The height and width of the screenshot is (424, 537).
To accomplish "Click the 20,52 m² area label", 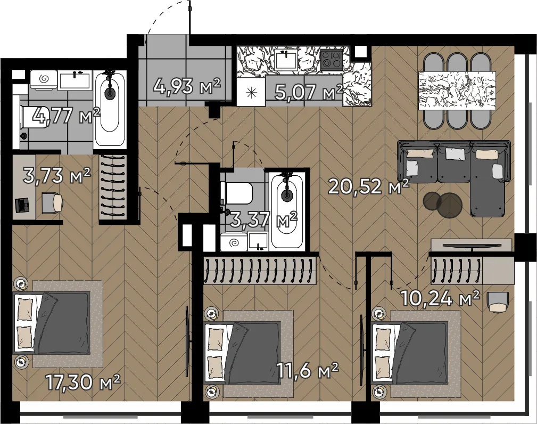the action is pyautogui.click(x=368, y=186).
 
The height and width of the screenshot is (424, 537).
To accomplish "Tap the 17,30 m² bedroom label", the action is pyautogui.click(x=83, y=382).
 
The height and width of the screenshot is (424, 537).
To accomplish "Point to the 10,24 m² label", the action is pyautogui.click(x=440, y=298).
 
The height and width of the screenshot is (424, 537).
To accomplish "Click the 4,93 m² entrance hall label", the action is pyautogui.click(x=187, y=86).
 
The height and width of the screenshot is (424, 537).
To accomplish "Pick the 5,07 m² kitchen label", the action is pyautogui.click(x=309, y=91).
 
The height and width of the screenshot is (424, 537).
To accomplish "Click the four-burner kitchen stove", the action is pyautogui.click(x=331, y=59).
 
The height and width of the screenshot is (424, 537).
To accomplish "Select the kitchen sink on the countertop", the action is pyautogui.click(x=286, y=60).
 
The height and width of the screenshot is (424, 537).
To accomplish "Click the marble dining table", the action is pyautogui.click(x=457, y=91).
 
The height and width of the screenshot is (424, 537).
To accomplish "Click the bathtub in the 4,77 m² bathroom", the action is pyautogui.click(x=110, y=109).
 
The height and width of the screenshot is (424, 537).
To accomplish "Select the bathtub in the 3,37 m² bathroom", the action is pyautogui.click(x=287, y=210).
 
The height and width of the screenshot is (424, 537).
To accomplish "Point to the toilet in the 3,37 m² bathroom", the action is pyautogui.click(x=237, y=192).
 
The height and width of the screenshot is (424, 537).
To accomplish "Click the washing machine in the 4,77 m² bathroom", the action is pyautogui.click(x=43, y=80).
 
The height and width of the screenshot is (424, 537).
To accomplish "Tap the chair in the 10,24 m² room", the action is pyautogui.click(x=497, y=301).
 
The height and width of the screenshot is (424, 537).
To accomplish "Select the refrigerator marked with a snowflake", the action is pyautogui.click(x=252, y=92).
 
